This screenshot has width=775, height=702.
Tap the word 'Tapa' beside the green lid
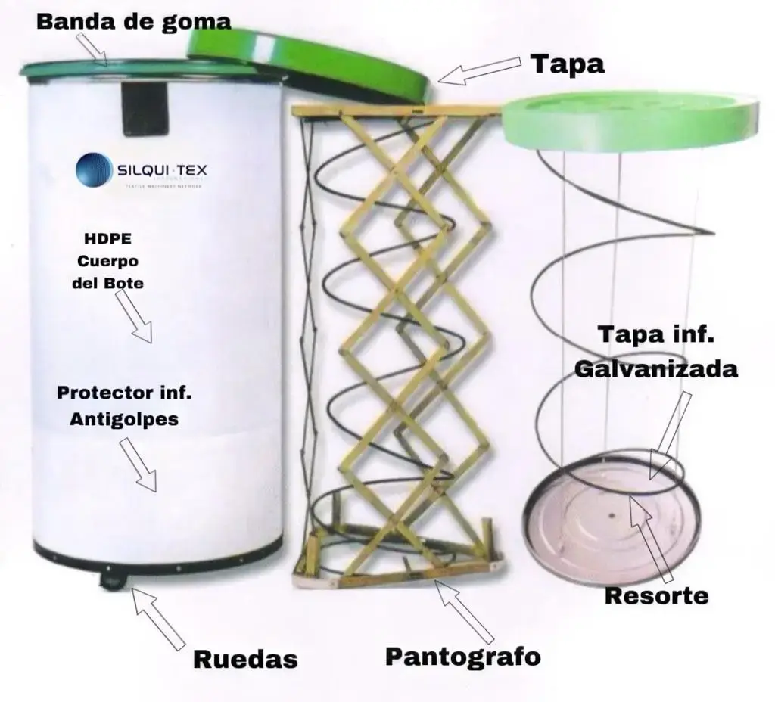[567, 64]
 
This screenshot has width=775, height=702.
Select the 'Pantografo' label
[463, 655]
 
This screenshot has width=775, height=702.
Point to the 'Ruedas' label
[245, 659]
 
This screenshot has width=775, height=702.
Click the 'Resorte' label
[656, 595]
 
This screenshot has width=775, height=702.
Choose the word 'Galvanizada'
[655, 369]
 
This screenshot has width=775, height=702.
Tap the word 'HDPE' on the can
[109, 239]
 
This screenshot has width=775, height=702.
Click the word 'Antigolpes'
[124, 418]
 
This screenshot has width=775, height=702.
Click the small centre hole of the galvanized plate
[609, 516]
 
